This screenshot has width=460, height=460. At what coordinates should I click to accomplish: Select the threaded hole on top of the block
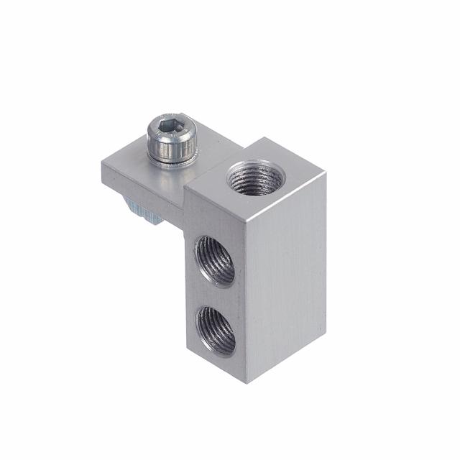point(254,178)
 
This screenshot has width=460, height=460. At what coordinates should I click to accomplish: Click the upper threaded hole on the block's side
point(216,262)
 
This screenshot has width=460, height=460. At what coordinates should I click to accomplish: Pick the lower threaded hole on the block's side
point(216,330)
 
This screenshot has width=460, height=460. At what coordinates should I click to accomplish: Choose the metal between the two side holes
point(216,295)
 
